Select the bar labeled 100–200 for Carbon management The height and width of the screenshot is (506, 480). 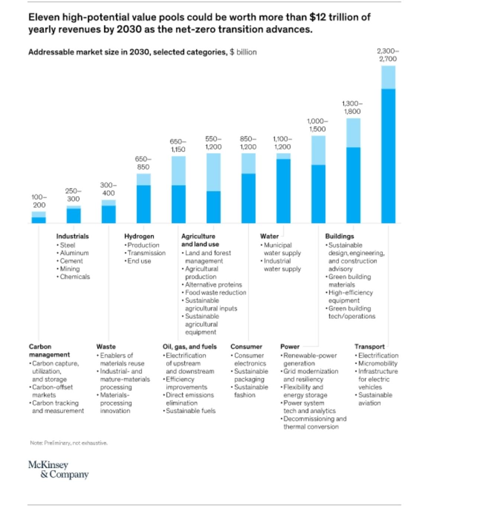click(x=39, y=217)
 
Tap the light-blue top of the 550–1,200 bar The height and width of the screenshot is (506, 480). click(x=213, y=172)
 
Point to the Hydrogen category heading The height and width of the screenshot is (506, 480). click(x=139, y=236)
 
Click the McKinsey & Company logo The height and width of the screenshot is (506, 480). click(x=58, y=470)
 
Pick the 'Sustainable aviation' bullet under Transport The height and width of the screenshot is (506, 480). click(x=374, y=399)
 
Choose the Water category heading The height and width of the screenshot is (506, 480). click(x=269, y=236)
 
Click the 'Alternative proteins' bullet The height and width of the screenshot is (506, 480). click(x=213, y=285)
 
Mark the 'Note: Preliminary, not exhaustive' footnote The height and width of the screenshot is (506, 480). click(x=69, y=443)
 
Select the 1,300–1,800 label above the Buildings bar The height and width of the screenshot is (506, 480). click(x=352, y=108)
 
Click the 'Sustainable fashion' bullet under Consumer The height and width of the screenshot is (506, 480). click(x=250, y=391)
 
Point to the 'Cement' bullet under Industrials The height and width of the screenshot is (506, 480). click(x=71, y=261)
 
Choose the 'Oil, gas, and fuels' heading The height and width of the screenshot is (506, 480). click(x=189, y=347)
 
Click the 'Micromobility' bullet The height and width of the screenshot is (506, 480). click(x=377, y=364)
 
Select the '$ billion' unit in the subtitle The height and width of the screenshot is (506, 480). click(x=243, y=52)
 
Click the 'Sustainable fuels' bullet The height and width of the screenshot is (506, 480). click(x=190, y=411)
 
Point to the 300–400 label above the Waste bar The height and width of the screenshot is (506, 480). click(x=108, y=189)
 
